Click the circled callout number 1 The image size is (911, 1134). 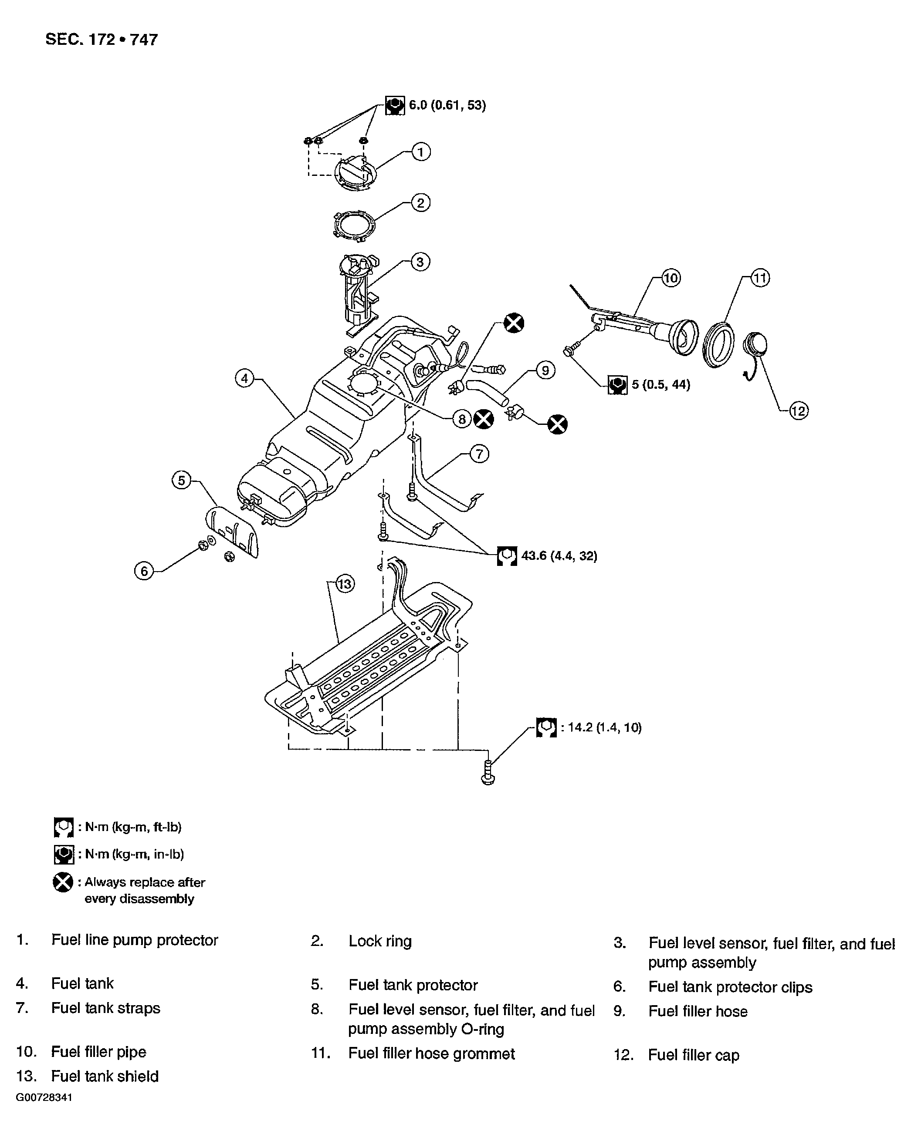(420, 152)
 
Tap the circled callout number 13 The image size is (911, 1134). (345, 584)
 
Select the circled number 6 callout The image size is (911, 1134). (144, 571)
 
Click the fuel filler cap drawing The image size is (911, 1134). (754, 347)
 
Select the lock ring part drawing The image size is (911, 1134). (355, 225)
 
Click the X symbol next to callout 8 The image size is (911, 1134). (483, 419)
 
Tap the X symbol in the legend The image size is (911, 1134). (63, 882)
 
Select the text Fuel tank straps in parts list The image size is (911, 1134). (105, 1008)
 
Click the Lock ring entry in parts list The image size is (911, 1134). (379, 941)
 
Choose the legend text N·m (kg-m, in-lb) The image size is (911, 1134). (134, 854)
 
